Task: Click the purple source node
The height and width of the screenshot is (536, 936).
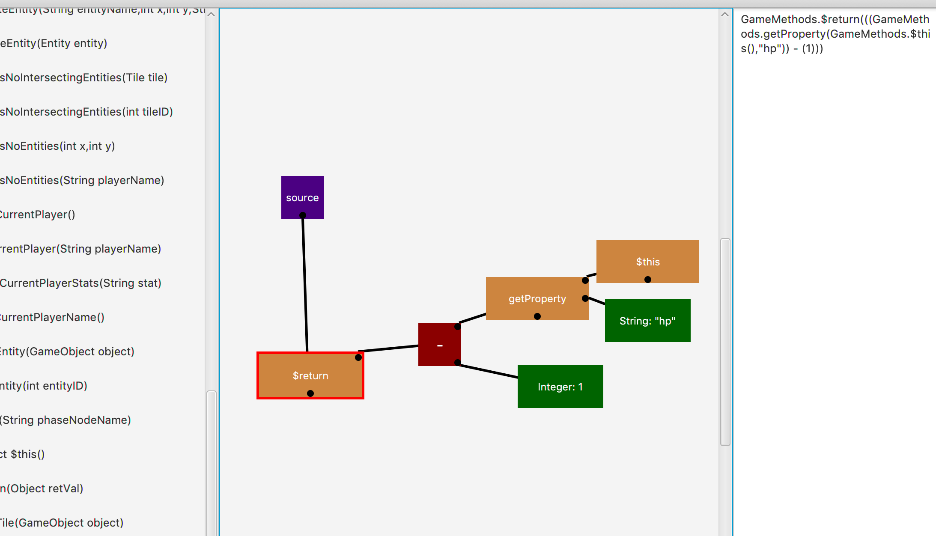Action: [302, 193]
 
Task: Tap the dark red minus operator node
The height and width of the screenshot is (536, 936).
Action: [439, 345]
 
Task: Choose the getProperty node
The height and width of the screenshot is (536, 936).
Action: [537, 298]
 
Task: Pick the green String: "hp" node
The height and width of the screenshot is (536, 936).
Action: [647, 321]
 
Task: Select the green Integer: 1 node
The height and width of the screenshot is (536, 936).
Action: [560, 387]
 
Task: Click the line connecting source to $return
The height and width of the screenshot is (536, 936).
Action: [305, 283]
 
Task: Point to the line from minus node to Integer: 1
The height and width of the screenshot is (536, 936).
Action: [488, 371]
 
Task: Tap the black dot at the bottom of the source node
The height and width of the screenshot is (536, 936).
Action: [303, 215]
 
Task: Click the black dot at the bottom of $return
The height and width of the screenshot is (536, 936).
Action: [310, 393]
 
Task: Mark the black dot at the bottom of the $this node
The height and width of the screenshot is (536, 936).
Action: [648, 280]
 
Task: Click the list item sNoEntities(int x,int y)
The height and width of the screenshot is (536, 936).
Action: [58, 146]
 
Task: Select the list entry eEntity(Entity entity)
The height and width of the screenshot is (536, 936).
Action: [54, 43]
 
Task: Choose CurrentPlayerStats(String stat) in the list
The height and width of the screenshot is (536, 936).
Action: [81, 283]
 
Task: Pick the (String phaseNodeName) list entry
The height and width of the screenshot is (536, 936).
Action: [66, 420]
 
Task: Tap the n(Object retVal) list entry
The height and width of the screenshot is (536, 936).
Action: [42, 488]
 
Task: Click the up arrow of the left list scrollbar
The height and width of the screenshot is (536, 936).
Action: [211, 14]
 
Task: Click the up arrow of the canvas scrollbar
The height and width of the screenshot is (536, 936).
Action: [724, 14]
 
